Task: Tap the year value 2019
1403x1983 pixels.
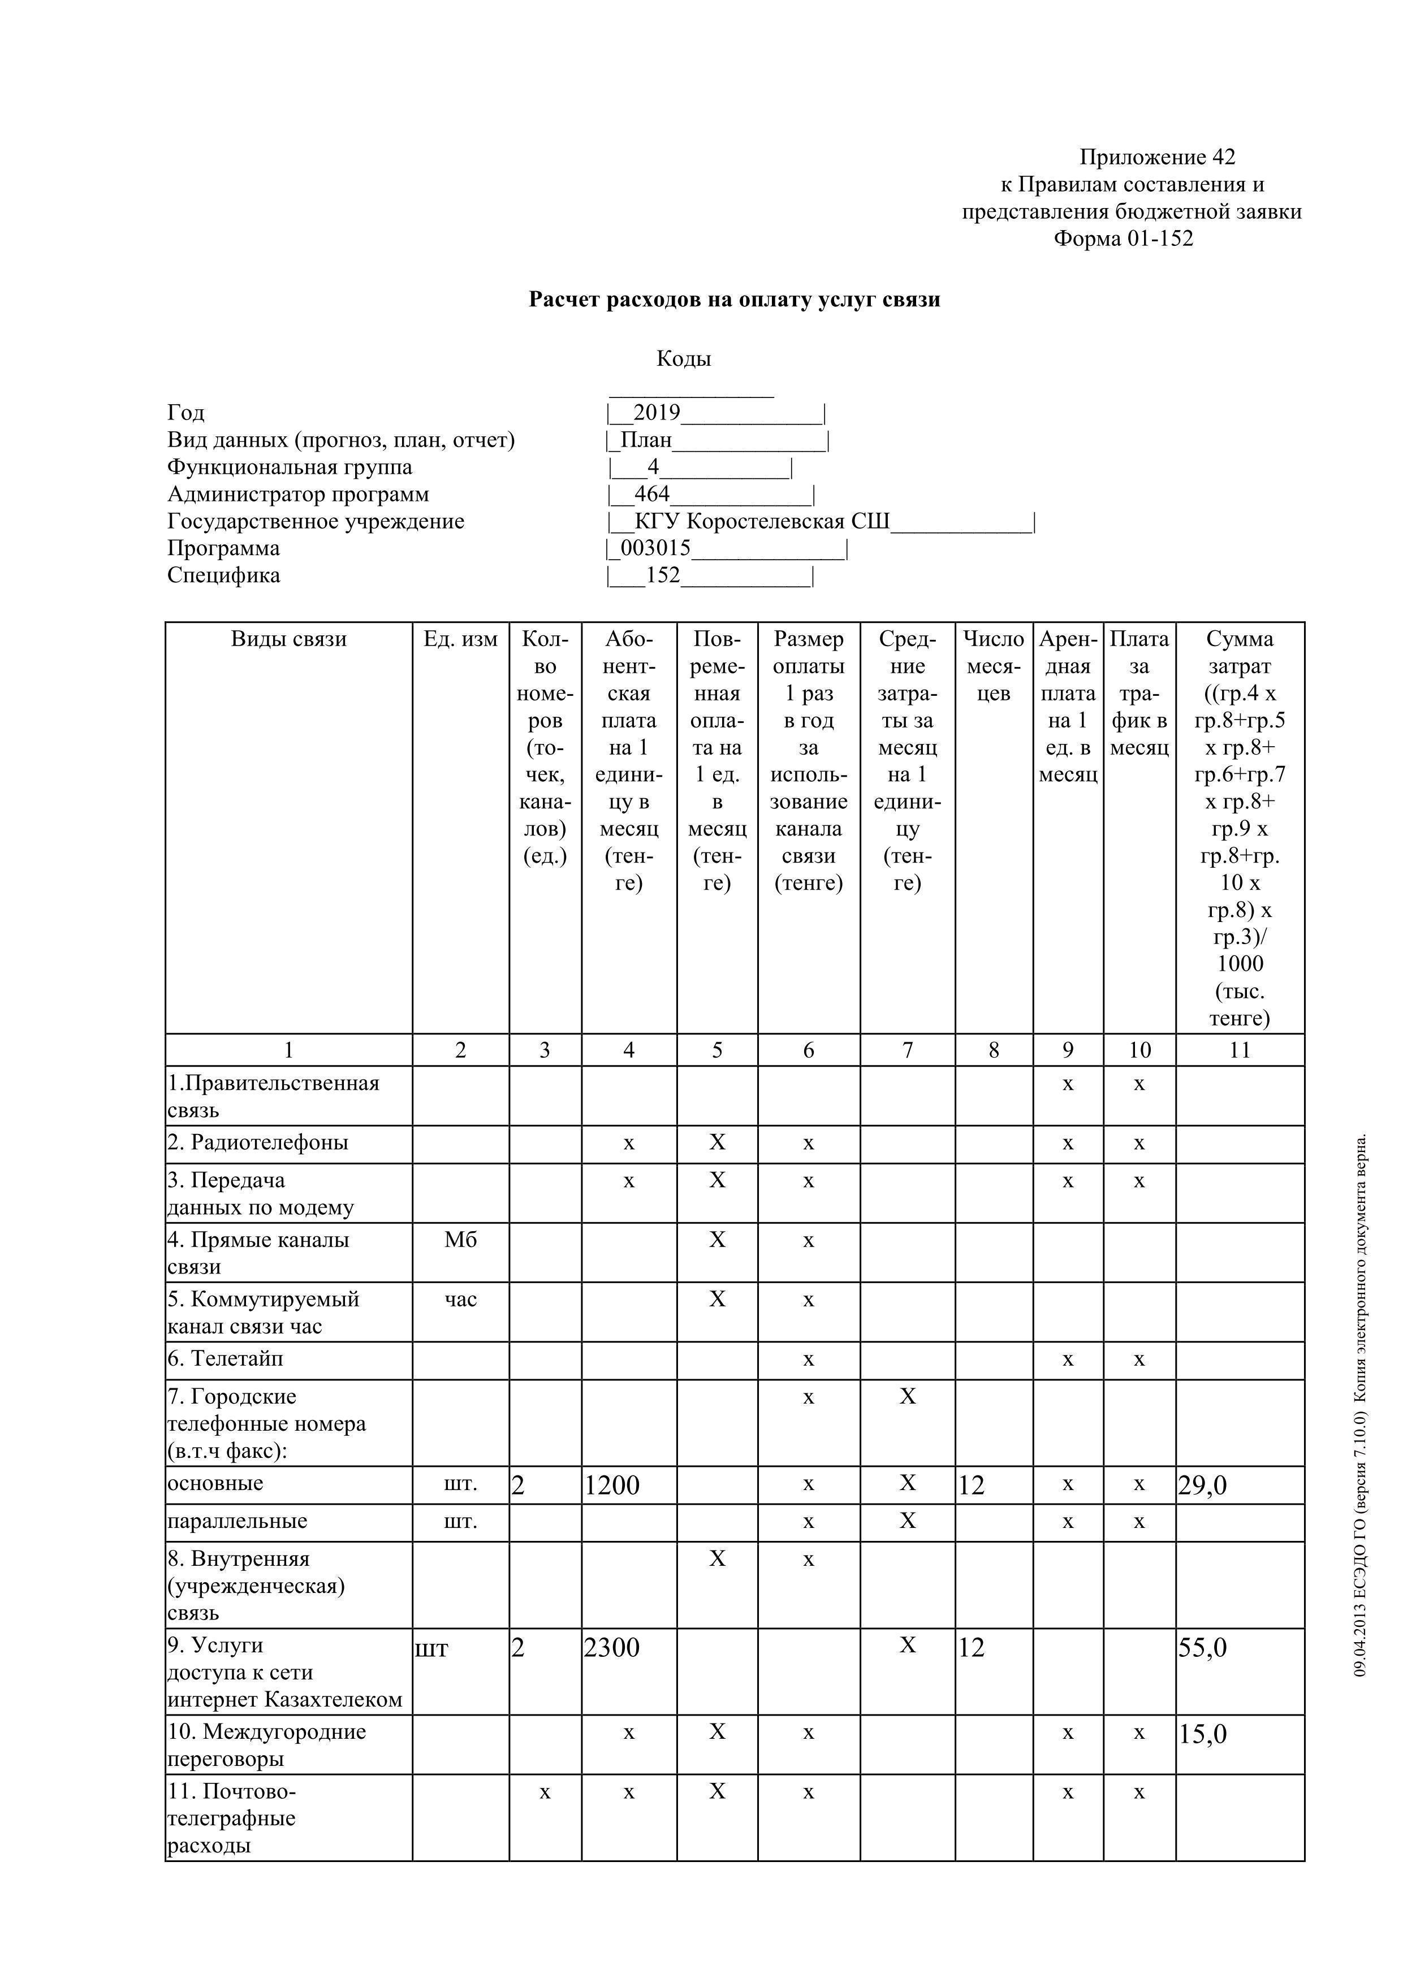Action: coord(657,413)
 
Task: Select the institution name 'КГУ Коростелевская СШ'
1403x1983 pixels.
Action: coord(761,522)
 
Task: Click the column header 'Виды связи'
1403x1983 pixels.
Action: coord(288,639)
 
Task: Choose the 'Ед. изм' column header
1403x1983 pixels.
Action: coord(460,639)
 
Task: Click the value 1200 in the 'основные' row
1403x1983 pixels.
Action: coord(612,1486)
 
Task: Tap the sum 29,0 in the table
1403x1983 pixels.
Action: coord(1203,1486)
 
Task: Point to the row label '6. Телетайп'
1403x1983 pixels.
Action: coord(226,1358)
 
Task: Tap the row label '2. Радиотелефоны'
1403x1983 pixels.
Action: coord(258,1142)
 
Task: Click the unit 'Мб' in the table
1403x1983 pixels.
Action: coord(460,1240)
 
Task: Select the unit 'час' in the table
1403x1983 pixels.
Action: coord(460,1300)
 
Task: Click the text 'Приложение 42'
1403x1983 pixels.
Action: coord(1158,157)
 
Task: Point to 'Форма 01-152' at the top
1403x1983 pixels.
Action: coord(1123,239)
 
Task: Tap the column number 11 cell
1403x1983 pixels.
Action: coord(1240,1050)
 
